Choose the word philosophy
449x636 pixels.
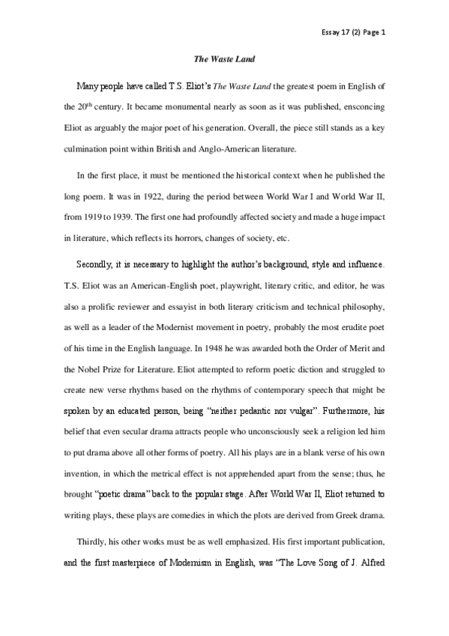[x=361, y=304]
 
